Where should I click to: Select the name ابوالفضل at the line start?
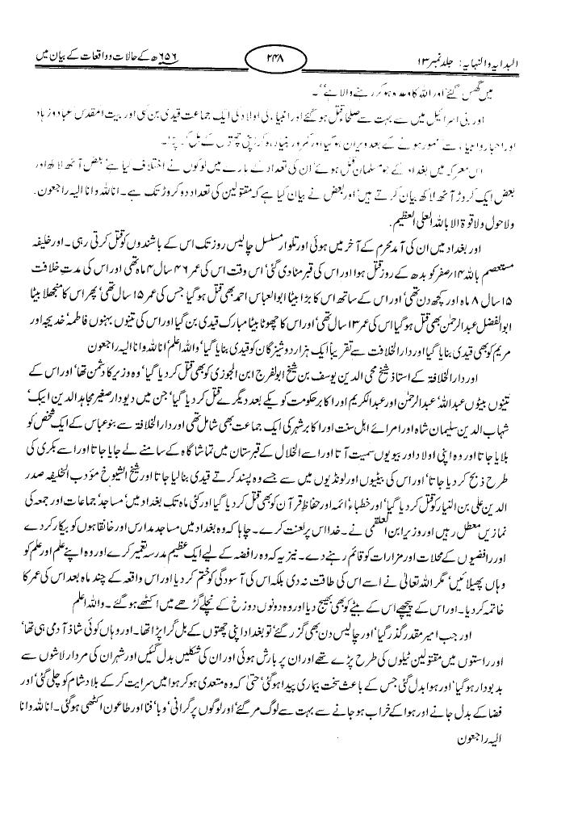coord(524,306)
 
